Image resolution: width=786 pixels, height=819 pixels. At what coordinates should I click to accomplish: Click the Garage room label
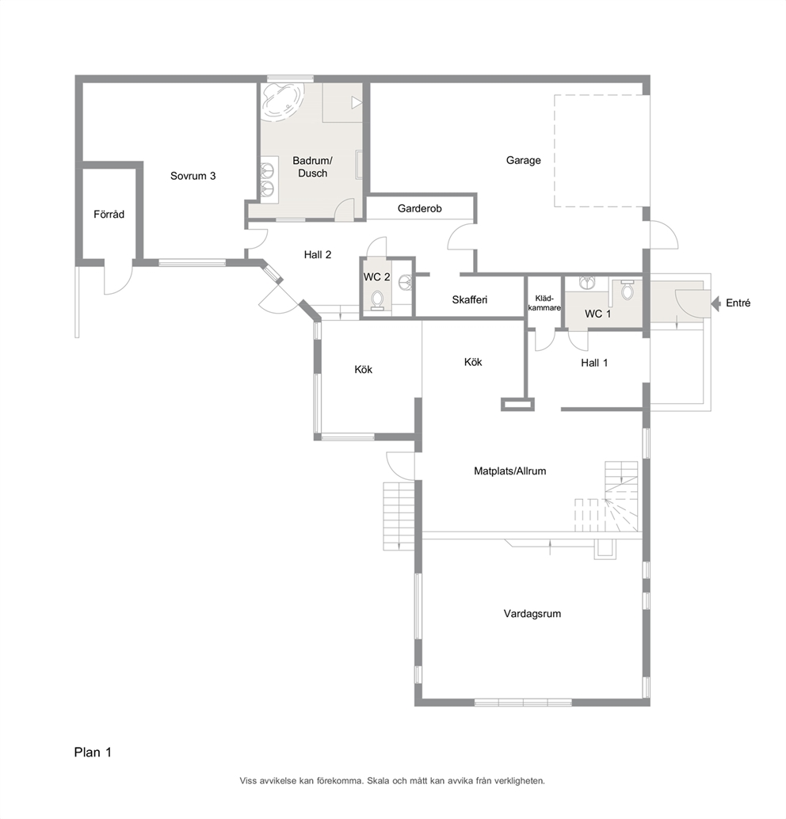pos(523,160)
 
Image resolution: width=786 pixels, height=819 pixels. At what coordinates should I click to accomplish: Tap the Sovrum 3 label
pos(193,176)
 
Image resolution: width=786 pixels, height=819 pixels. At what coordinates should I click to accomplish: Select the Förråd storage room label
pos(109,214)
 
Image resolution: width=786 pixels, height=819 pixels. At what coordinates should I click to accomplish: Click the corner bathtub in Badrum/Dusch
pos(282,102)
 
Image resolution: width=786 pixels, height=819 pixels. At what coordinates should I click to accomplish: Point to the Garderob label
pos(420,208)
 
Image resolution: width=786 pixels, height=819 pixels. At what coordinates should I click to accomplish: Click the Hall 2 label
pos(318,254)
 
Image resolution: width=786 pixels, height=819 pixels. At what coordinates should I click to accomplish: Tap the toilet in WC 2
pos(377,300)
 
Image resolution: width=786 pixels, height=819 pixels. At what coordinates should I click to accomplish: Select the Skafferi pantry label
pos(470,300)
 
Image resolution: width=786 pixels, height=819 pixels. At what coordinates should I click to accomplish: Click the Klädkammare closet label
pos(544,303)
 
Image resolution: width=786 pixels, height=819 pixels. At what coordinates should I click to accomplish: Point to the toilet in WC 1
pos(627,289)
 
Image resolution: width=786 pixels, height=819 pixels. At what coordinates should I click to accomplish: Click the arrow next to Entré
pos(716,303)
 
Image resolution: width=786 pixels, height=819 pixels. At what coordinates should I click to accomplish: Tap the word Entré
pos(738,303)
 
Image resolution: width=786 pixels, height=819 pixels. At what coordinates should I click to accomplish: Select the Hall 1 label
pos(594,363)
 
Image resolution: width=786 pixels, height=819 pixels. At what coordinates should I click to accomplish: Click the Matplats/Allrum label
pos(510,470)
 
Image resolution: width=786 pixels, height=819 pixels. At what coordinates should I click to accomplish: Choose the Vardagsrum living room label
pos(532,614)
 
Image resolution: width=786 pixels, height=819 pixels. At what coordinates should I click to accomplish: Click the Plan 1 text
pos(93,752)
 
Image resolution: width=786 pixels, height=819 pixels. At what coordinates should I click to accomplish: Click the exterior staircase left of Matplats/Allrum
pos(399,516)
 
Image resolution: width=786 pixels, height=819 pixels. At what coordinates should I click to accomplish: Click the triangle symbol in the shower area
pos(357,102)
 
